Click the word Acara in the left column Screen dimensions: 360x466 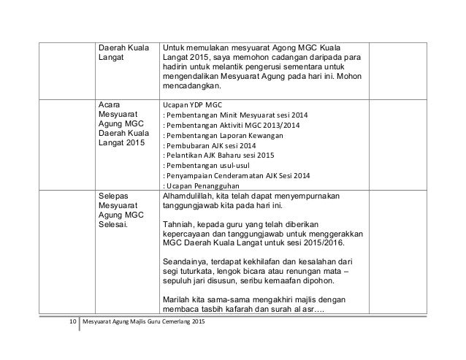pos(110,104)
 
